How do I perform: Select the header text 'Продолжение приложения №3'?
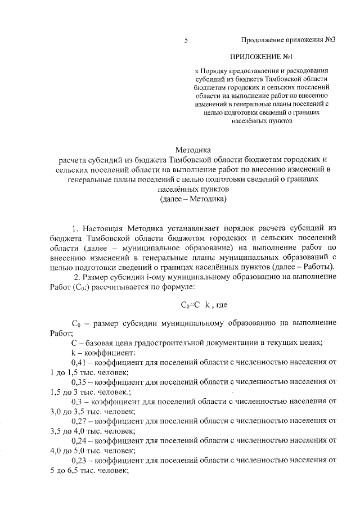(x=288, y=40)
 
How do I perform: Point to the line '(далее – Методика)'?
(x=193, y=199)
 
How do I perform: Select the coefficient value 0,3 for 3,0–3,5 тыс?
(x=79, y=402)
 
